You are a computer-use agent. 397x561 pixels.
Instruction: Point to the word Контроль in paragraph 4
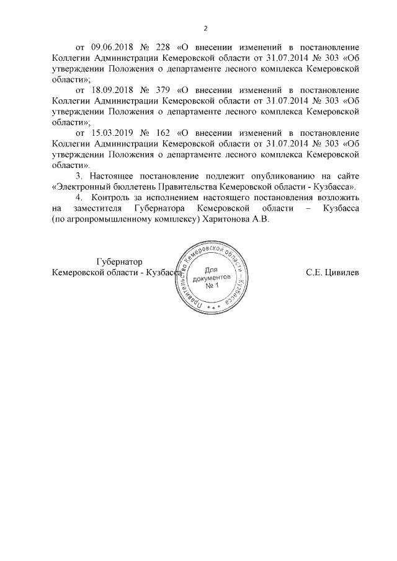[110, 199]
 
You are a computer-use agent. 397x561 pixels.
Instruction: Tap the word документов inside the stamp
[212, 278]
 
